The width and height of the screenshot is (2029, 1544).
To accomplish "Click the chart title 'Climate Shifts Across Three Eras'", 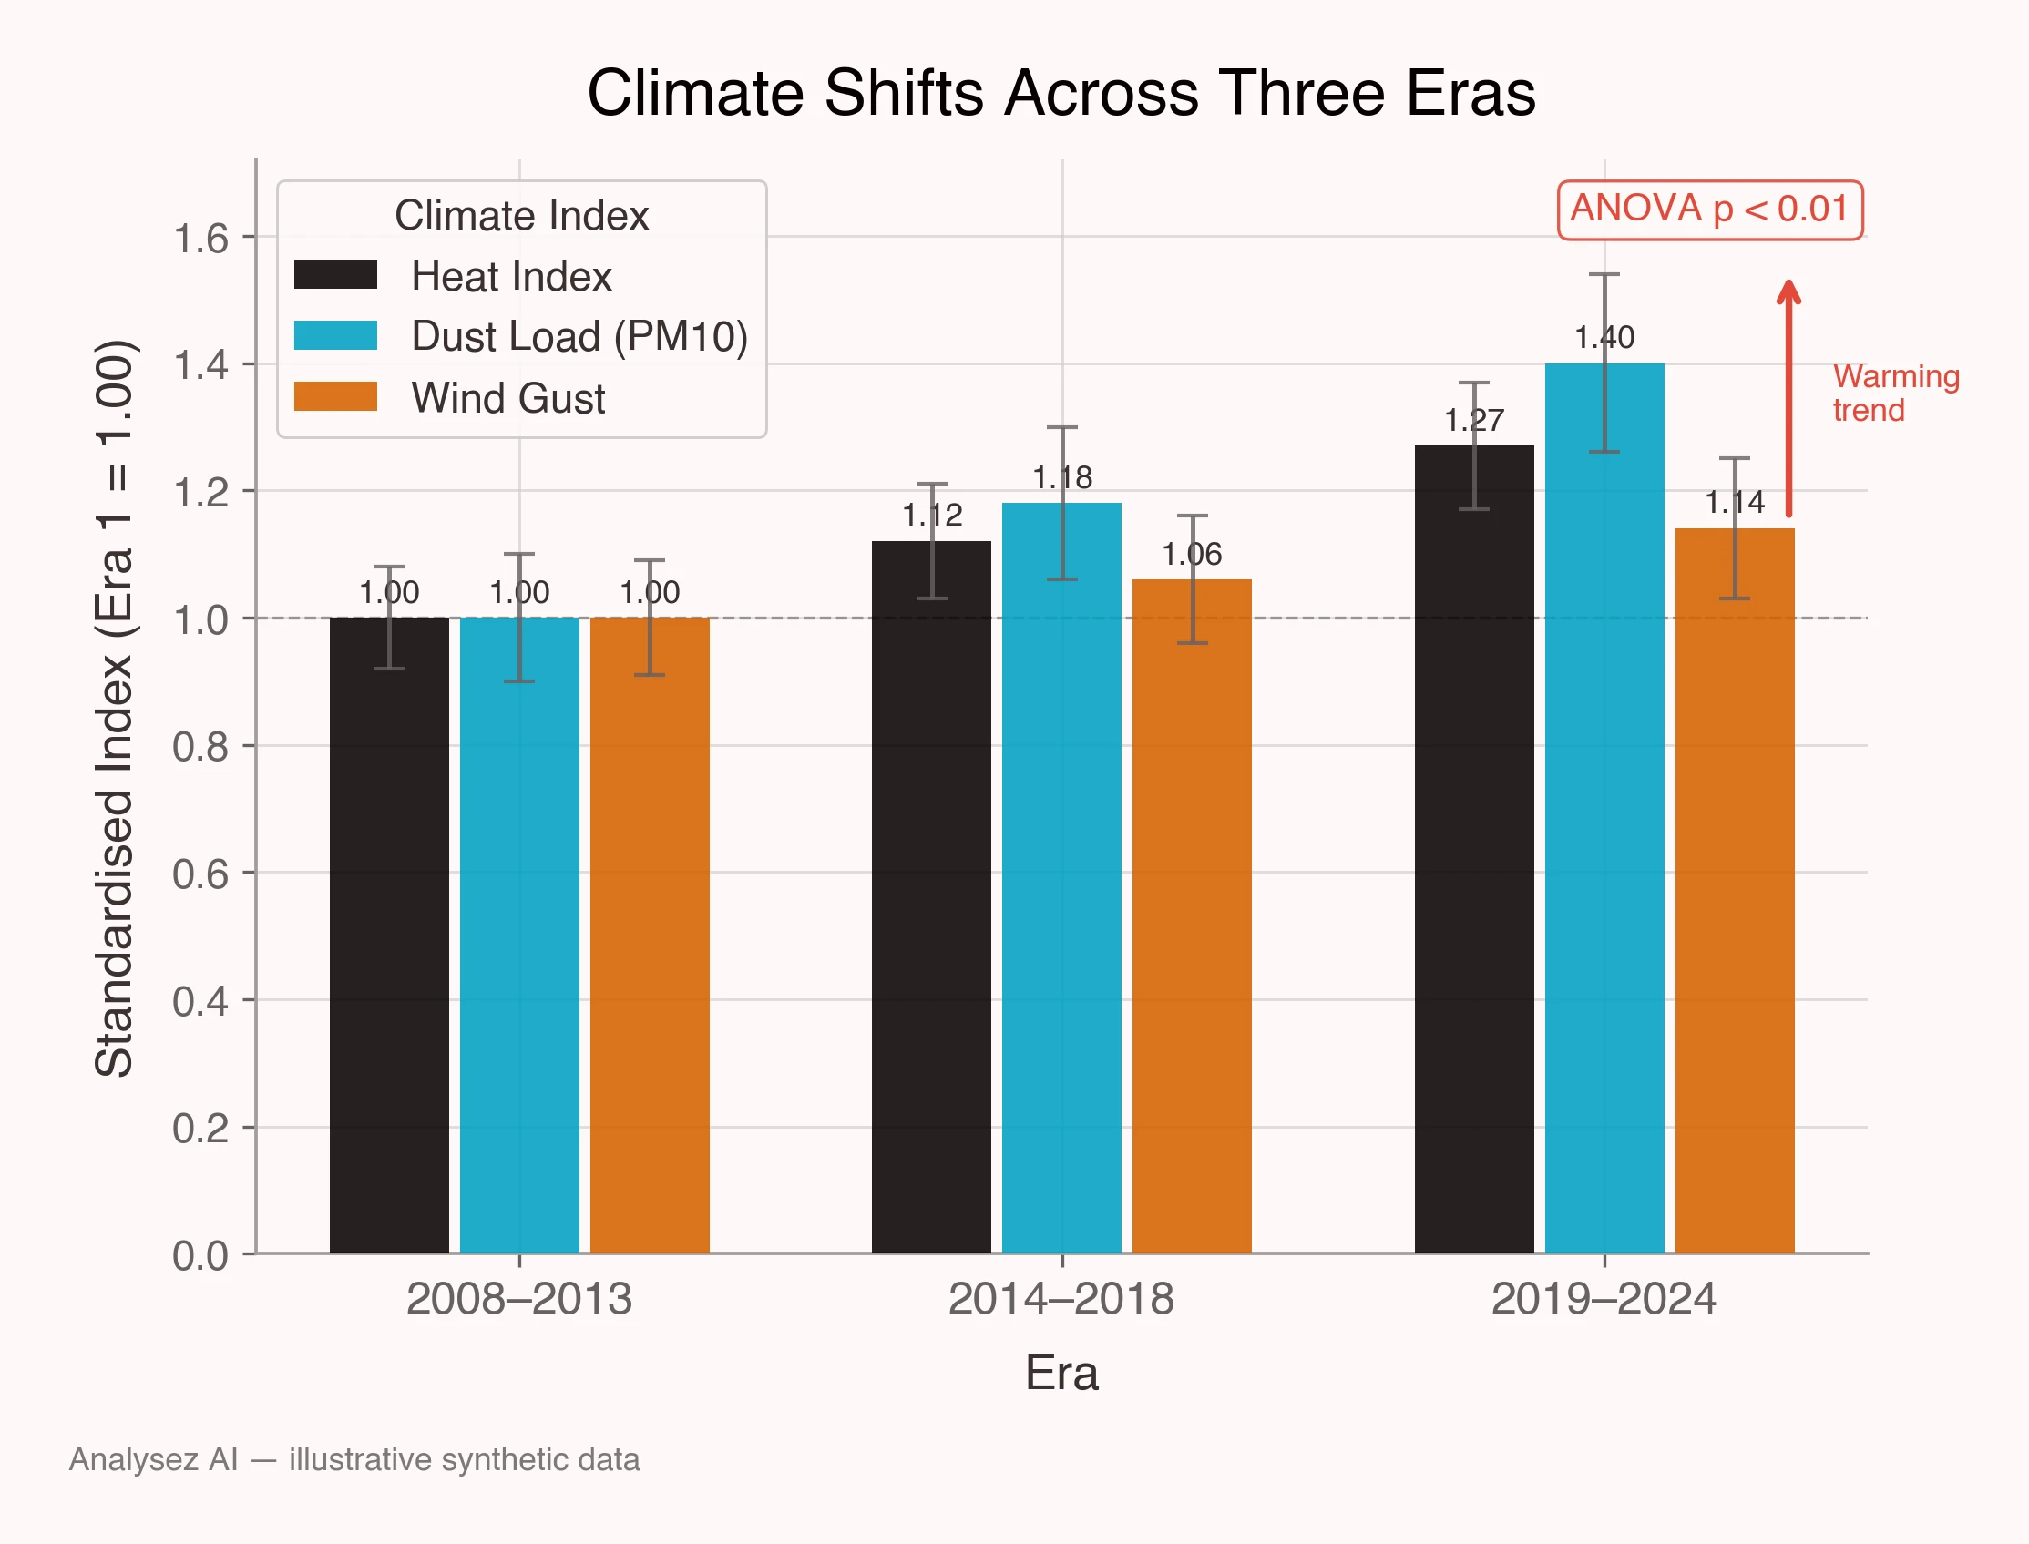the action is (1061, 93).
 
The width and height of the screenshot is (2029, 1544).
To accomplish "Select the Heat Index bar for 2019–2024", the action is (1474, 849).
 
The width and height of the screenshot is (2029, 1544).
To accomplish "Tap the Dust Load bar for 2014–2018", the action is (1061, 878).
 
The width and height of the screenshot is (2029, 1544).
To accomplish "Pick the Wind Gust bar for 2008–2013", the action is (650, 936).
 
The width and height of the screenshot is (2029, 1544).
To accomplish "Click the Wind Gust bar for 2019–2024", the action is (1735, 891).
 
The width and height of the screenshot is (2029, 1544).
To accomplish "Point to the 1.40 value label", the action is (1604, 337).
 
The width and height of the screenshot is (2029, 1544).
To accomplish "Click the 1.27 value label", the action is (1474, 420).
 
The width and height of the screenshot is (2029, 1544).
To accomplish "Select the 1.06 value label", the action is (1192, 554).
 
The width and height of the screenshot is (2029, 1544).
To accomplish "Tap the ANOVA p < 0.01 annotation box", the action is (1710, 210).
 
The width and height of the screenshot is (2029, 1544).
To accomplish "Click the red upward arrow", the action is (1788, 398).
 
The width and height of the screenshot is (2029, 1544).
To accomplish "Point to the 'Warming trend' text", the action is (1896, 394).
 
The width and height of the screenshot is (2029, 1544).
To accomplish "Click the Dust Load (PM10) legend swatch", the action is (335, 335).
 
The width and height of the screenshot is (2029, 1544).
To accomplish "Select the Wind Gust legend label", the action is (508, 399).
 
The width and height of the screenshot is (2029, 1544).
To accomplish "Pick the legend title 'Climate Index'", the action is (521, 216).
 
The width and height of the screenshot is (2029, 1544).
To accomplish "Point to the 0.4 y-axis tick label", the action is (200, 1001).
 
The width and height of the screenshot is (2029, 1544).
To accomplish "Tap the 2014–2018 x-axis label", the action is (1061, 1300).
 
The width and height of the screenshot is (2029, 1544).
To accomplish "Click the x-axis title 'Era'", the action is (1061, 1374).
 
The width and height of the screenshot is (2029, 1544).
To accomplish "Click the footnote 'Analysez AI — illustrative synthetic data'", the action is (354, 1459).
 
